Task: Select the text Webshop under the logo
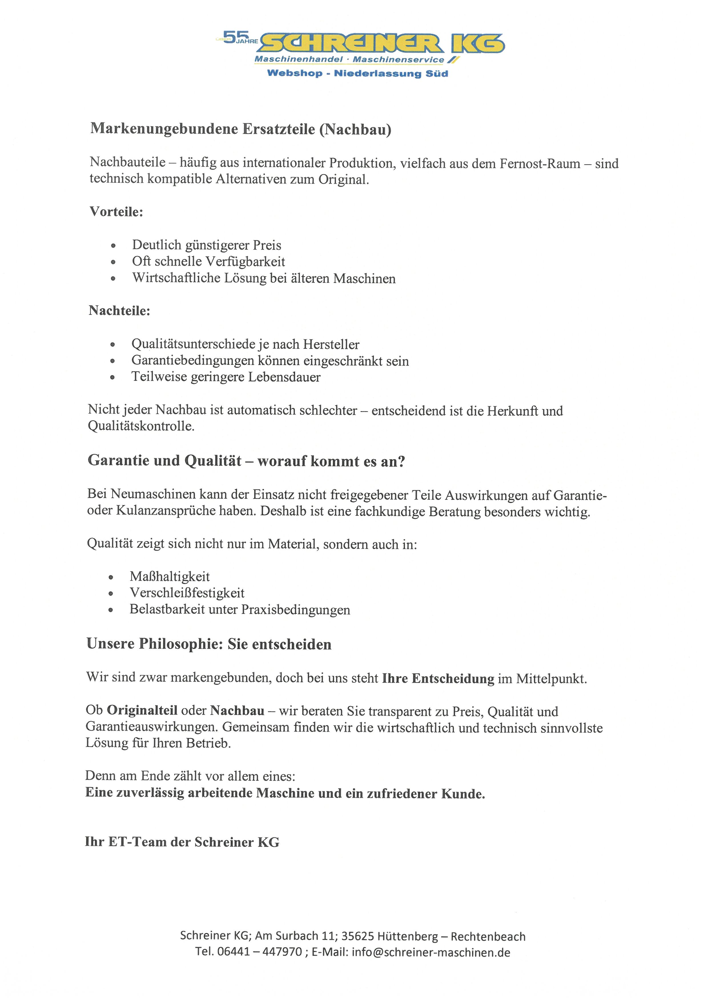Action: (294, 73)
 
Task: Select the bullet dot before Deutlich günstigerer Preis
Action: (113, 246)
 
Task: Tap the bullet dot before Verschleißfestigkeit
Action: (111, 594)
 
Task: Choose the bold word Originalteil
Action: (142, 711)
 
